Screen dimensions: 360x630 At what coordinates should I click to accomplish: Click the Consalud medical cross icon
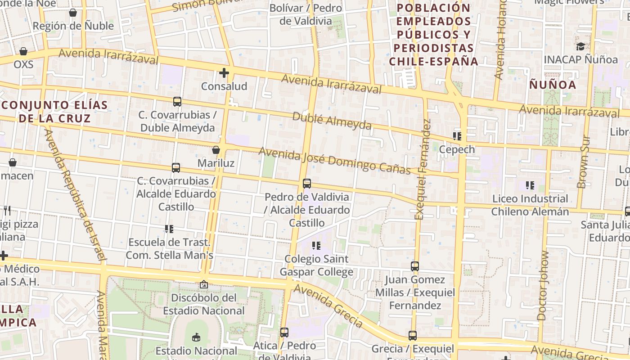pyautogui.click(x=224, y=73)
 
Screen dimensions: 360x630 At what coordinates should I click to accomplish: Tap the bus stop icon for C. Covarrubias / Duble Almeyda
pyautogui.click(x=177, y=102)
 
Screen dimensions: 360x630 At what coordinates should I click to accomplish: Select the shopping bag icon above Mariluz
pyautogui.click(x=216, y=150)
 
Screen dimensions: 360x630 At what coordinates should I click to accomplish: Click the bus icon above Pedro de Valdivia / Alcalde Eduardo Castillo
pyautogui.click(x=307, y=183)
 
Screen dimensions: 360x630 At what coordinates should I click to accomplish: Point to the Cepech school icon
pyautogui.click(x=457, y=136)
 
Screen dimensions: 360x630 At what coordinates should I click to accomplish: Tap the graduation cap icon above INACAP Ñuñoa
pyautogui.click(x=580, y=46)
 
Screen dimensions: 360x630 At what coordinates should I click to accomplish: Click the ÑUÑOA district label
pyautogui.click(x=553, y=85)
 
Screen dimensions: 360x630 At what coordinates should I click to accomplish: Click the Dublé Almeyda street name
pyautogui.click(x=332, y=121)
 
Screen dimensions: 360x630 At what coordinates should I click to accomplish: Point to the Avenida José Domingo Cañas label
pyautogui.click(x=334, y=161)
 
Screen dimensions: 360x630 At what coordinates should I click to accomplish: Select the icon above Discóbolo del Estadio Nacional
pyautogui.click(x=204, y=284)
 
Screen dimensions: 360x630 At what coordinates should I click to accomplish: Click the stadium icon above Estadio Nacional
pyautogui.click(x=196, y=337)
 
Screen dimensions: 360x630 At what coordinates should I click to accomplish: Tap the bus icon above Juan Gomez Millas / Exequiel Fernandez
pyautogui.click(x=415, y=266)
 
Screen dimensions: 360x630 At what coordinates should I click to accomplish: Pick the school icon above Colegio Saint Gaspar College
pyautogui.click(x=316, y=246)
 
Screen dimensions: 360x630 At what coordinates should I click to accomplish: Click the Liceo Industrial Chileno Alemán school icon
pyautogui.click(x=530, y=185)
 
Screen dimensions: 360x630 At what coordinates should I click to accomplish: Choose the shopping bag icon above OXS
pyautogui.click(x=23, y=51)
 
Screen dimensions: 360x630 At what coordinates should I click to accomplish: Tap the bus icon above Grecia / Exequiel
pyautogui.click(x=413, y=335)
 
